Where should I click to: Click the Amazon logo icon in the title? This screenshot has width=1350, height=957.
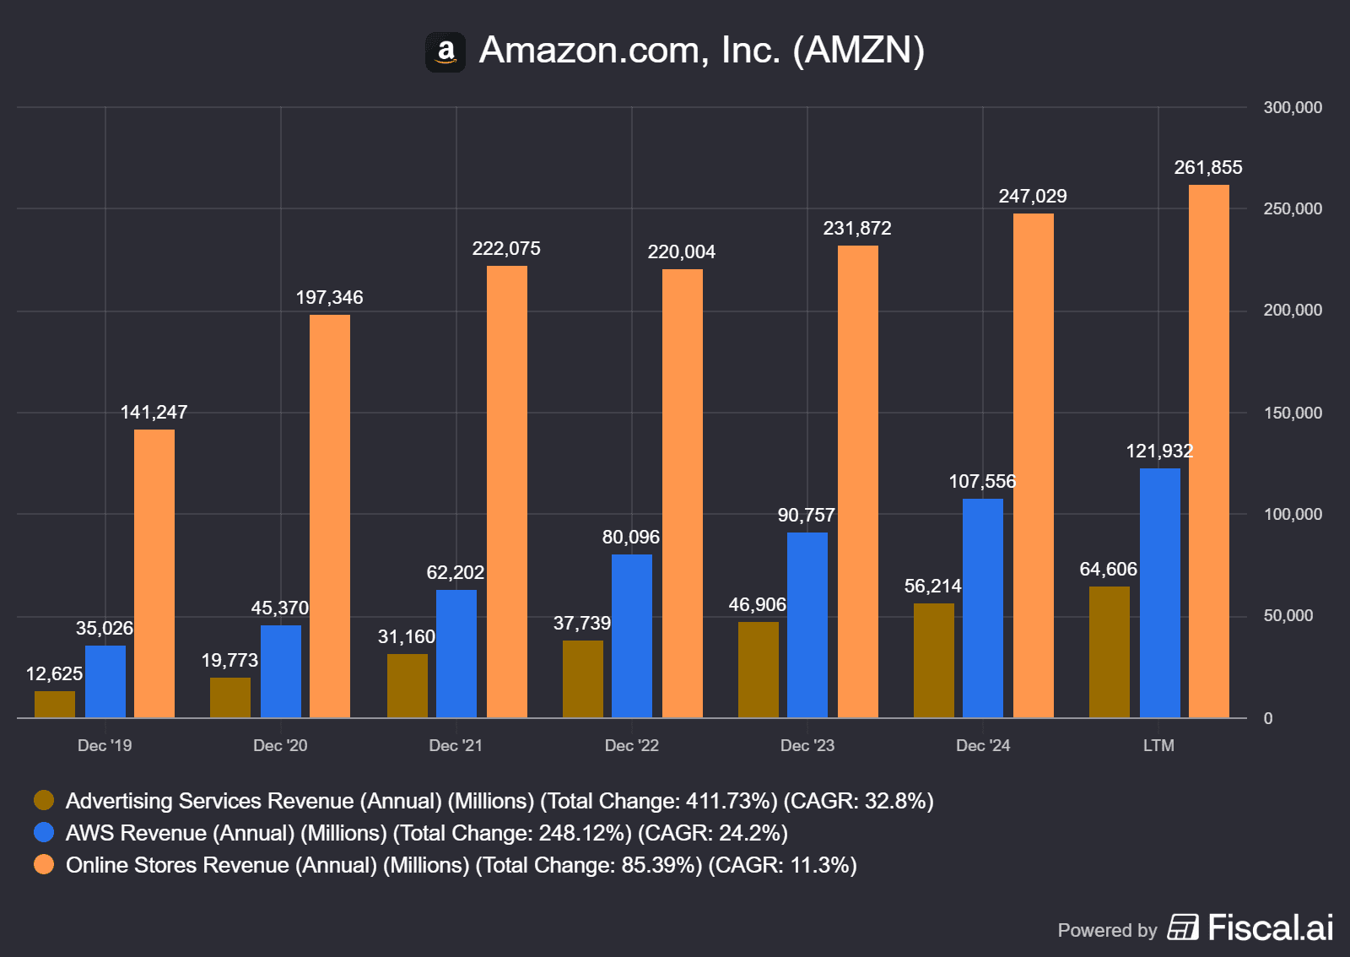click(x=445, y=52)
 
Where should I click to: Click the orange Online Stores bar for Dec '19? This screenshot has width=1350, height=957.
click(x=154, y=574)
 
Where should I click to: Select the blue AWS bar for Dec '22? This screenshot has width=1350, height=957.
click(x=632, y=635)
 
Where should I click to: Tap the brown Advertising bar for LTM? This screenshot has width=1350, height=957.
click(x=1110, y=652)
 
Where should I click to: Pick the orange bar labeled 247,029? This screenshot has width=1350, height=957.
click(x=1034, y=465)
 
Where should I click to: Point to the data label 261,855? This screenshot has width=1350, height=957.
click(x=1208, y=168)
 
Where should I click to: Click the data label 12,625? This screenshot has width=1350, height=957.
click(x=55, y=673)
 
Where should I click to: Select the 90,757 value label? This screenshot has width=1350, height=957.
click(x=807, y=516)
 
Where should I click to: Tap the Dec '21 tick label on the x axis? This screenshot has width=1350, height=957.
click(x=456, y=745)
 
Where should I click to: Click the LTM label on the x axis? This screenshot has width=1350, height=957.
click(x=1158, y=745)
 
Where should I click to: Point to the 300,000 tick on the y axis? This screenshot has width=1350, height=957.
click(x=1293, y=108)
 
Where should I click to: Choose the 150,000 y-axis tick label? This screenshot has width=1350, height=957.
click(x=1293, y=413)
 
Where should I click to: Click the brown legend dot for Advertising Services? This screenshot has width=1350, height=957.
click(x=44, y=800)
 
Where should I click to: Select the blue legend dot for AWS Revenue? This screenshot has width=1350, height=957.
click(x=44, y=832)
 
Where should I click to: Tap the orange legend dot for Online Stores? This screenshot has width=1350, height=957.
click(x=44, y=864)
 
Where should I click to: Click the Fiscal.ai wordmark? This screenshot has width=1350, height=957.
click(x=1270, y=927)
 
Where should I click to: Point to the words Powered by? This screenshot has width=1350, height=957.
click(x=1107, y=930)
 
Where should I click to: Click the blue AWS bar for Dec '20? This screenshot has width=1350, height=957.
click(x=281, y=671)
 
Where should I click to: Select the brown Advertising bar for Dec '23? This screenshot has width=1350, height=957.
click(x=759, y=669)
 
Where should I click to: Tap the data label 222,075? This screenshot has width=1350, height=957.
click(x=506, y=249)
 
